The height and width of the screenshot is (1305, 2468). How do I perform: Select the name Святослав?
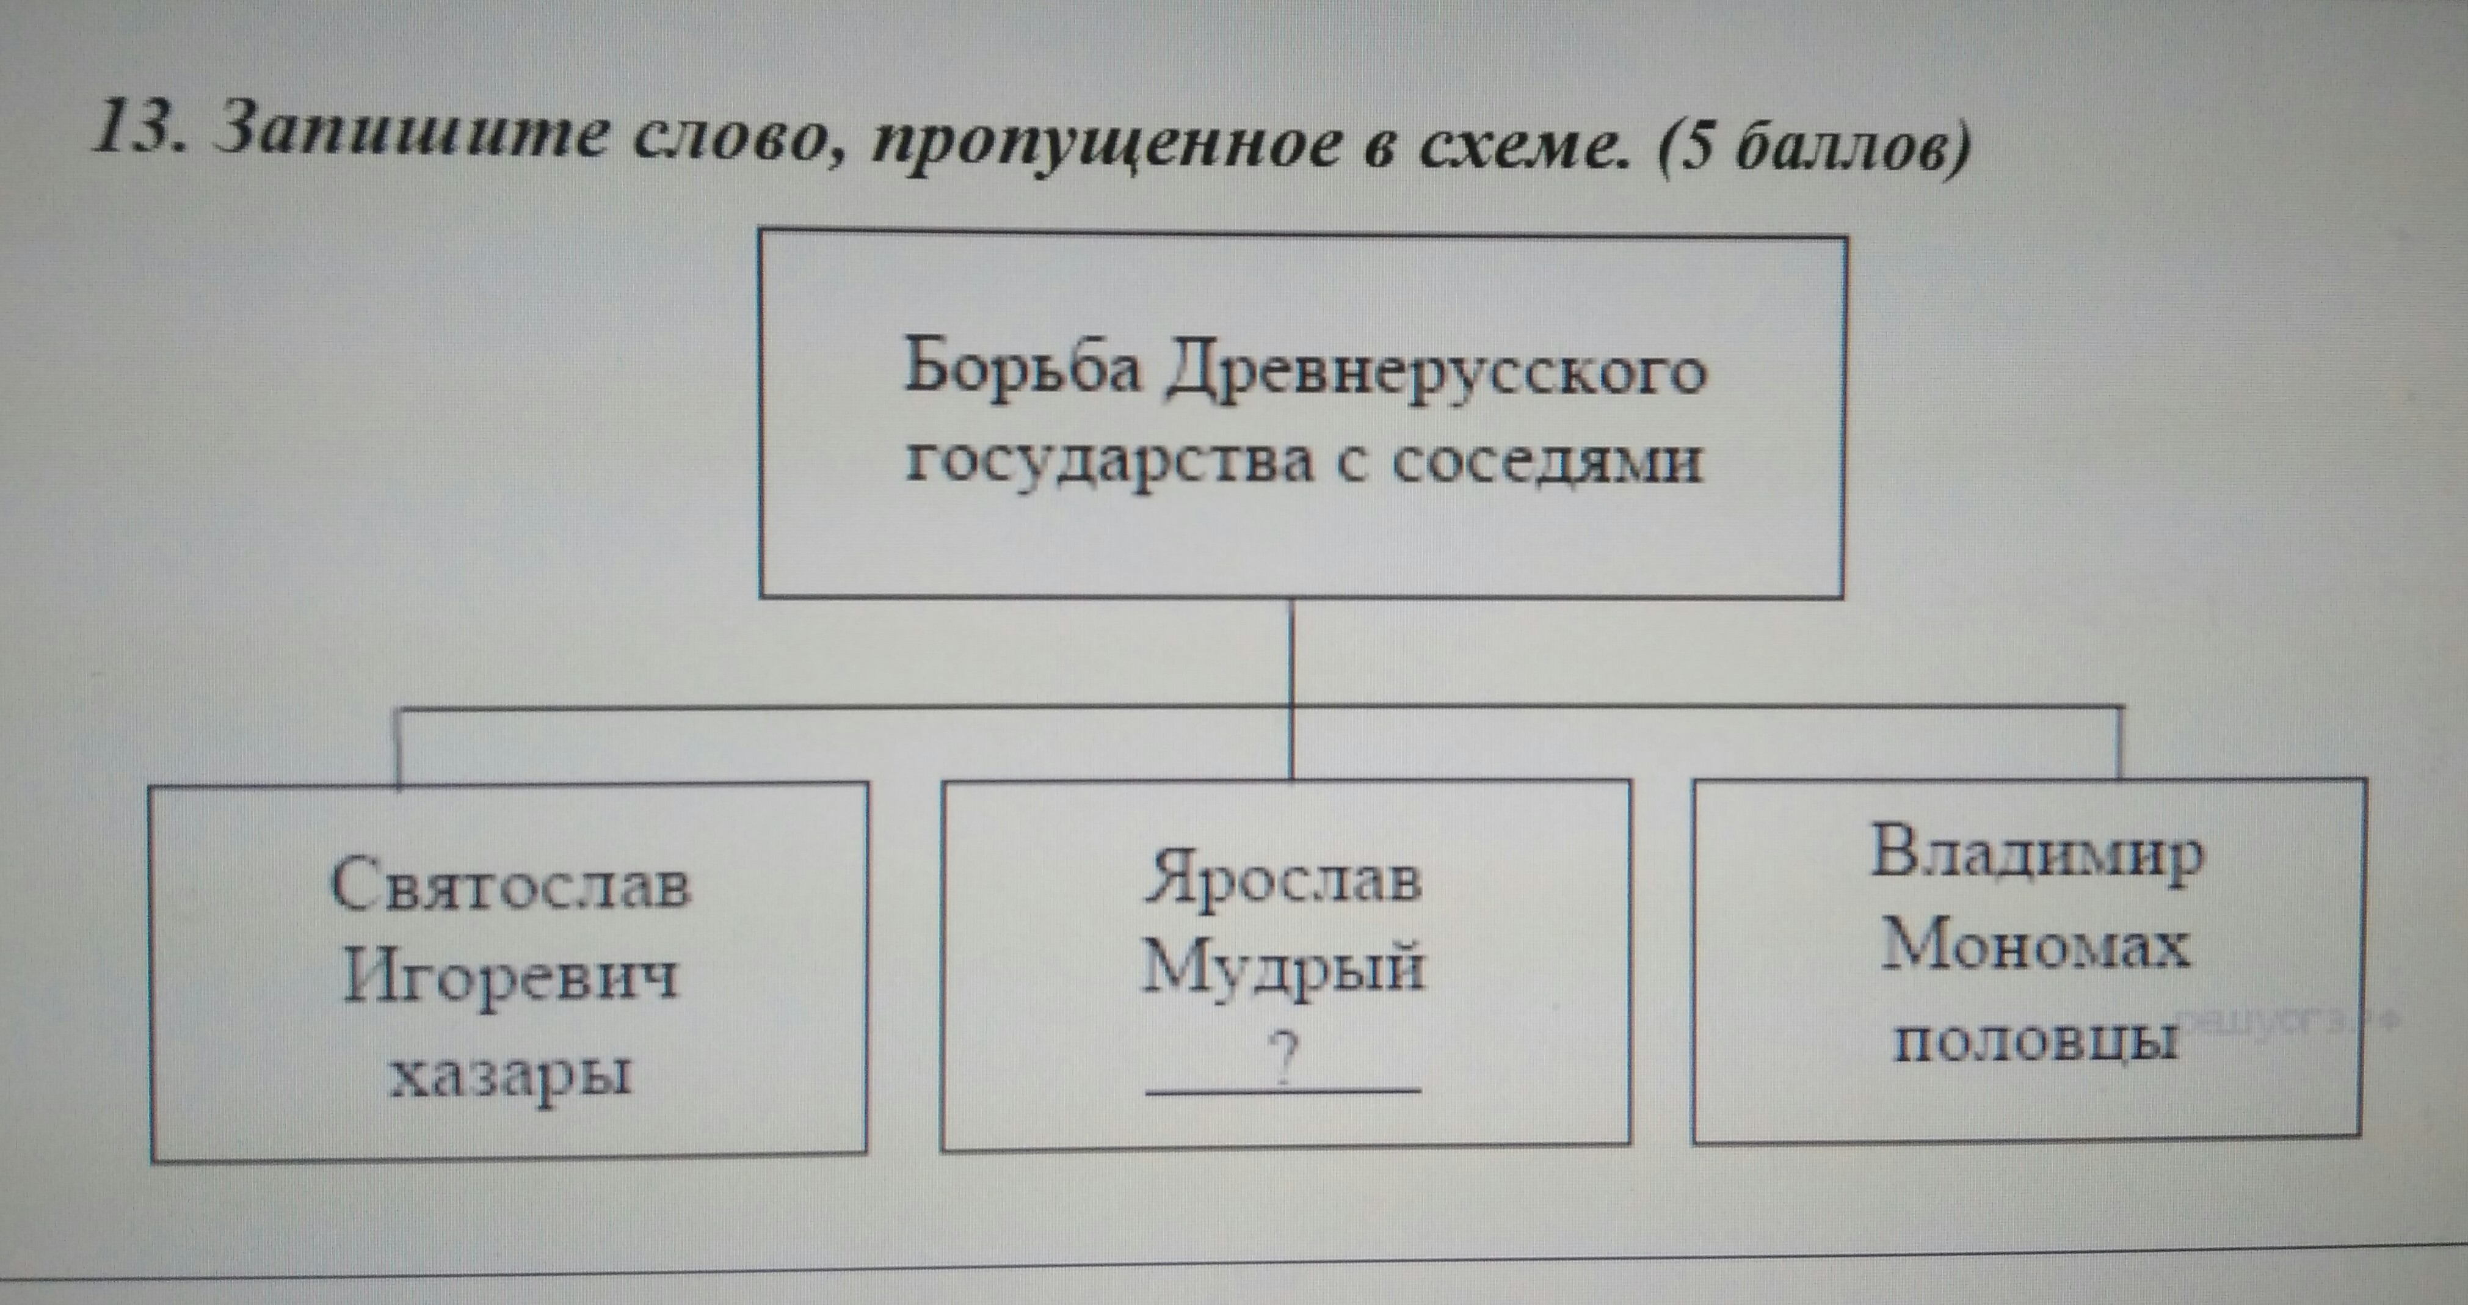tap(510, 884)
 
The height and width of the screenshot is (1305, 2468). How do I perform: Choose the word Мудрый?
tap(1284, 968)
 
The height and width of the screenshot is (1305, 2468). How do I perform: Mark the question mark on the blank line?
tap(1284, 1060)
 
